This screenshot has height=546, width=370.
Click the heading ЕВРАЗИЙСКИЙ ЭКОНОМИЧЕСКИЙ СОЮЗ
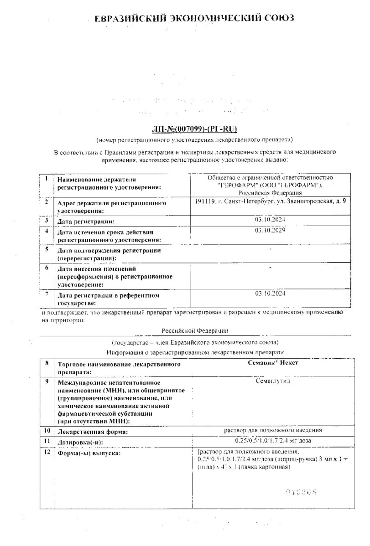194,18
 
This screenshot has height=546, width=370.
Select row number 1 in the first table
47,179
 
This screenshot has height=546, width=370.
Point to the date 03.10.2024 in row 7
271,293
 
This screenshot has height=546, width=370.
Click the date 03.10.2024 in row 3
271,220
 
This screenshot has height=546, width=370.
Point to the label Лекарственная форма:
92,432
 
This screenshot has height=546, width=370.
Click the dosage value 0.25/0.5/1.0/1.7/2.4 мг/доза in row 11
272,441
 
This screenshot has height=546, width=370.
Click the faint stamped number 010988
302,492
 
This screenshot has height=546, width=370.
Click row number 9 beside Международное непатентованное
47,380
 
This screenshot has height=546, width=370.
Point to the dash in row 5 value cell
271,249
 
